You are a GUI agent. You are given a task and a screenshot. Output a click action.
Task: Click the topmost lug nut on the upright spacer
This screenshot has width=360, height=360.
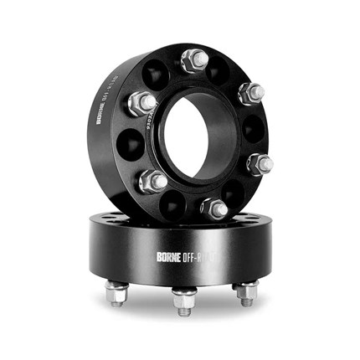tap(194, 59)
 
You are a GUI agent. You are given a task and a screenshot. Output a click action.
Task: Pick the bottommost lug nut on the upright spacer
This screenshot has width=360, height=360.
tap(214, 207)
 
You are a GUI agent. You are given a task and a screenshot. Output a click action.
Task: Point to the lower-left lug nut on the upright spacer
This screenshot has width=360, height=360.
tap(154, 179)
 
